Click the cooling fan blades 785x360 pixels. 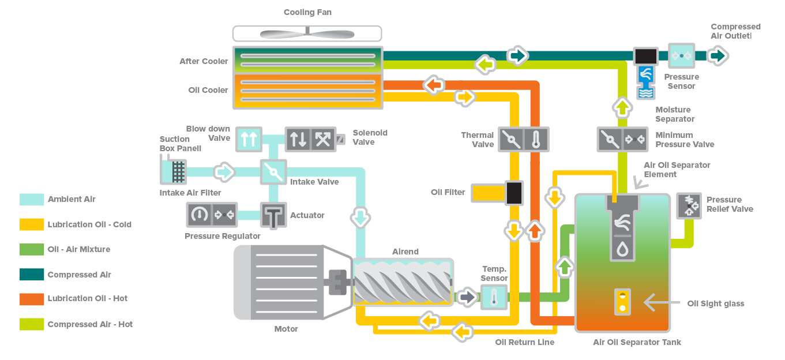coord(307,33)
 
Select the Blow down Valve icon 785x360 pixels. coord(249,139)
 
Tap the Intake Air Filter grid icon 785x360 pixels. coord(178,172)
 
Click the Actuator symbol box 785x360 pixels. coord(273,215)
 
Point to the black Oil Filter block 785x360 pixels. coord(514,193)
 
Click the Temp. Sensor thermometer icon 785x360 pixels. coord(494,297)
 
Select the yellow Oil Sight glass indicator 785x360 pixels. coord(622,302)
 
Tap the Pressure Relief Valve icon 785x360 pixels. coord(689,205)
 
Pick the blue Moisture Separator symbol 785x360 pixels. coord(645,82)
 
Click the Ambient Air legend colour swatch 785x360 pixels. coord(32,199)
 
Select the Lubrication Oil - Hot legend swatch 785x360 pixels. coord(32,299)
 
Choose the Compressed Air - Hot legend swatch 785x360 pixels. coord(32,324)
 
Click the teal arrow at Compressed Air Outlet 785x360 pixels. coord(718,56)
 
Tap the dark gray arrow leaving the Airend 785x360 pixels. coord(468,297)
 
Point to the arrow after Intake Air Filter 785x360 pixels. coord(224,172)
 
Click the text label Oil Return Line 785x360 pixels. coord(524,342)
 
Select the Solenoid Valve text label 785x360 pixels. coord(370,137)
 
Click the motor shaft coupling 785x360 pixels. coord(337,282)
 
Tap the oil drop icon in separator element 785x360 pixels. coord(622,249)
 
